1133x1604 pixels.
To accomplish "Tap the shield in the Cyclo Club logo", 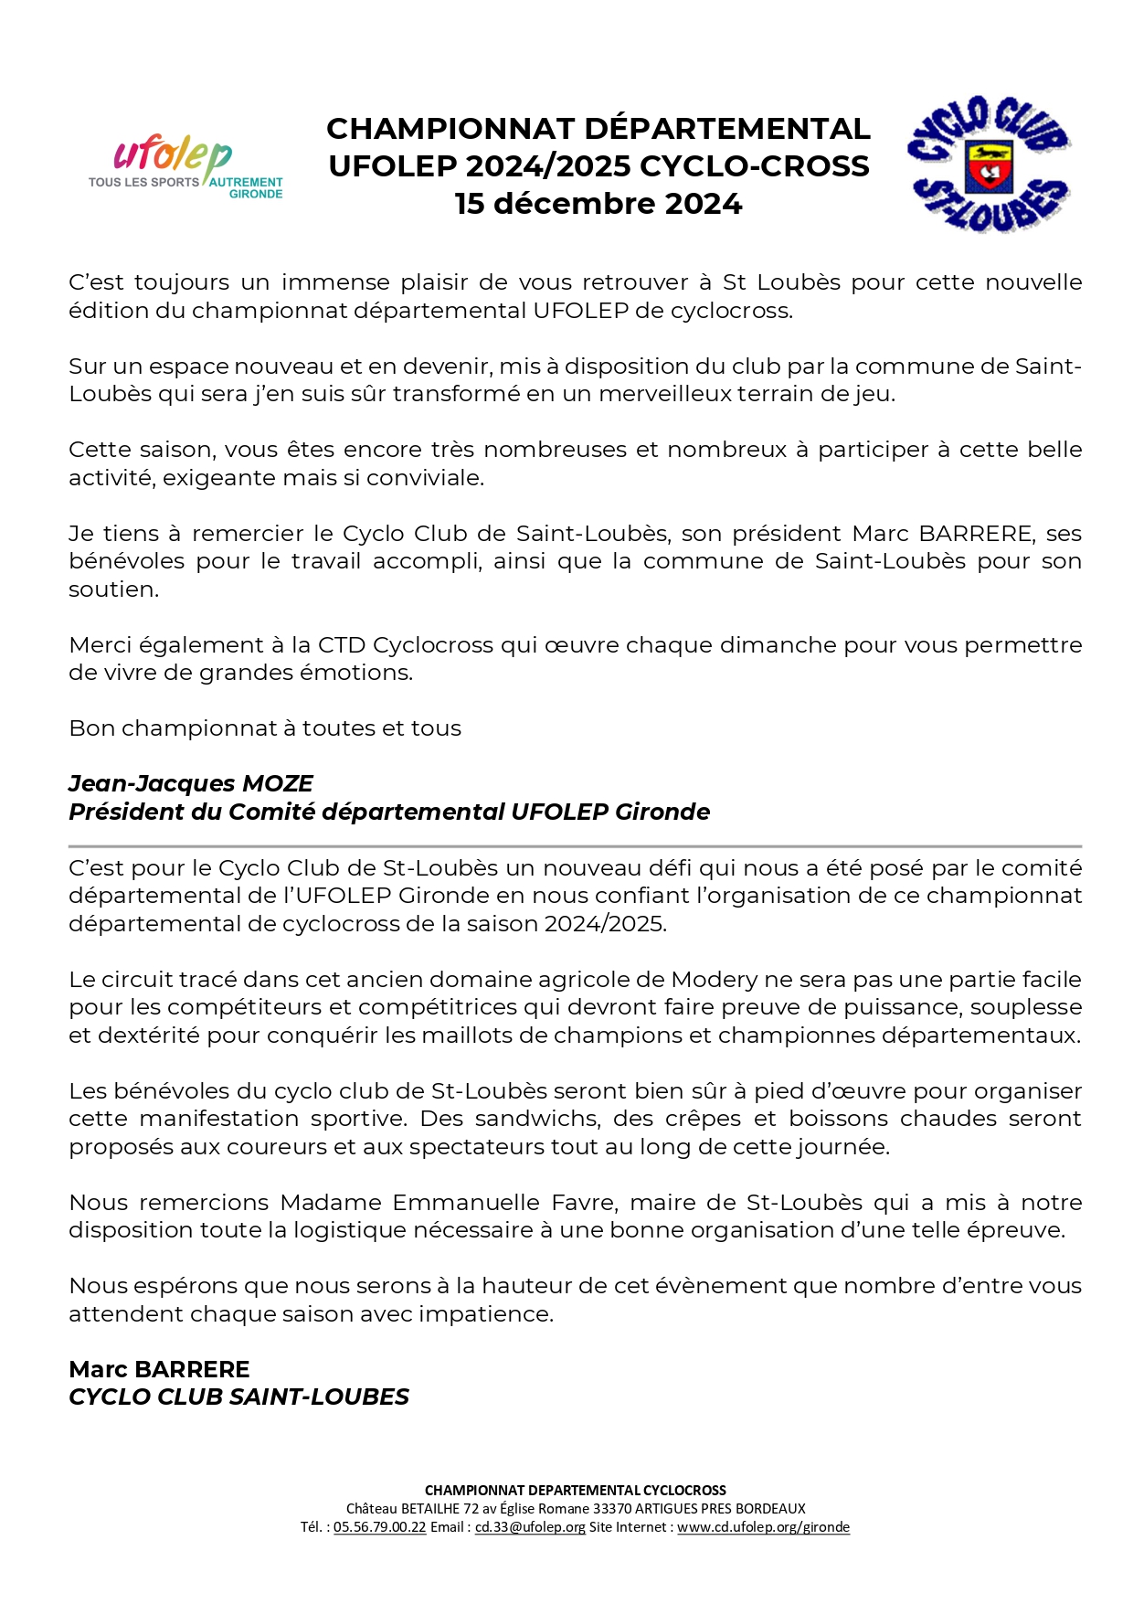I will tap(989, 165).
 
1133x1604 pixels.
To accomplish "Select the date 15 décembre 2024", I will tap(598, 204).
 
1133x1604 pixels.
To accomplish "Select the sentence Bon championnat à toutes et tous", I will tap(265, 728).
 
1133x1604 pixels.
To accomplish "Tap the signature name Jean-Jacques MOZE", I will tap(191, 784).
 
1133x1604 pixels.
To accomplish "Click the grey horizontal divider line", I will tap(575, 846).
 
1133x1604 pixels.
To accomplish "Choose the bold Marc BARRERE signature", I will tap(159, 1369).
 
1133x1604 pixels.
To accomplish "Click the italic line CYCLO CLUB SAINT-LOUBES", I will tap(239, 1397).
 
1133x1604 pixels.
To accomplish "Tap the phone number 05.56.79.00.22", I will tap(379, 1527).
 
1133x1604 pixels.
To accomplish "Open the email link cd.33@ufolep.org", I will tap(530, 1527).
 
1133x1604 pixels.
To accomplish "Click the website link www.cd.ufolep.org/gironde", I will tap(763, 1527).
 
